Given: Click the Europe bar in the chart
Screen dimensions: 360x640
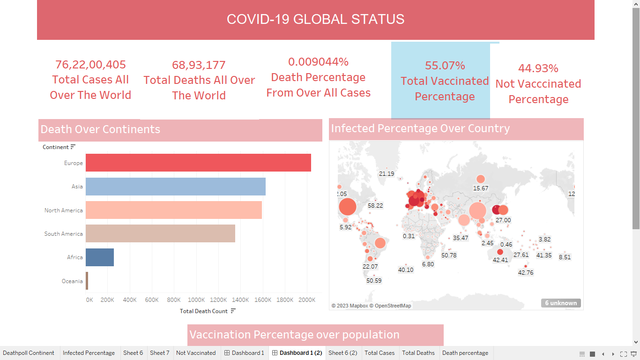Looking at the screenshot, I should pyautogui.click(x=198, y=163).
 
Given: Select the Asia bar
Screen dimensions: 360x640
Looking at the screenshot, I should pyautogui.click(x=176, y=187).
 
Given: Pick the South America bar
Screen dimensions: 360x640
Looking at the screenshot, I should pyautogui.click(x=160, y=233).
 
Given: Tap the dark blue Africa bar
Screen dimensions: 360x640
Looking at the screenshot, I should pyautogui.click(x=100, y=257).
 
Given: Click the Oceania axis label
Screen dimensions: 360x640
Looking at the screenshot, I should pyautogui.click(x=72, y=281).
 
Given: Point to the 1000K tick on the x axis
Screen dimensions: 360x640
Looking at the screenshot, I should pyautogui.click(x=196, y=300).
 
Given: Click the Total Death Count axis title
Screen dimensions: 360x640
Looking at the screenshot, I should pyautogui.click(x=204, y=311).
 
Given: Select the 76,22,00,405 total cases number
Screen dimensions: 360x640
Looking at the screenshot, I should pyautogui.click(x=90, y=65).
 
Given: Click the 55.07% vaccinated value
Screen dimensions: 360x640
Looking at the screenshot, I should pyautogui.click(x=445, y=66).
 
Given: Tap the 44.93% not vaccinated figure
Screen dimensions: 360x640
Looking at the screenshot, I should pyautogui.click(x=538, y=68).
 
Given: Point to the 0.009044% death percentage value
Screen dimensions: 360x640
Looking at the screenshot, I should pyautogui.click(x=318, y=62).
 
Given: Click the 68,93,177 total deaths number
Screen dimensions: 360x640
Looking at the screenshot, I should pyautogui.click(x=199, y=65).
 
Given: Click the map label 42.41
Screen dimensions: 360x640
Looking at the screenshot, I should pyautogui.click(x=500, y=260).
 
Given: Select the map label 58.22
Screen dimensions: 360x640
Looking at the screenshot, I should pyautogui.click(x=375, y=205).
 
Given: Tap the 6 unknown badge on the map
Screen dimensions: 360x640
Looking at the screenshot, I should pyautogui.click(x=561, y=303).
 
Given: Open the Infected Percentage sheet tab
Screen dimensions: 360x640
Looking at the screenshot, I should pyautogui.click(x=89, y=353).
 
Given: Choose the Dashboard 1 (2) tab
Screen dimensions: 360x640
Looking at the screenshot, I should pyautogui.click(x=297, y=353).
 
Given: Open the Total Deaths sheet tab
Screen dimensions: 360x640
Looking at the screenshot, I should pyautogui.click(x=418, y=353).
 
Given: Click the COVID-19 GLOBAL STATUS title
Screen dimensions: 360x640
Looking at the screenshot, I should pyautogui.click(x=315, y=19).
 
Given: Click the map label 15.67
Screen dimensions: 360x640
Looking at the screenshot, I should pyautogui.click(x=481, y=188).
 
